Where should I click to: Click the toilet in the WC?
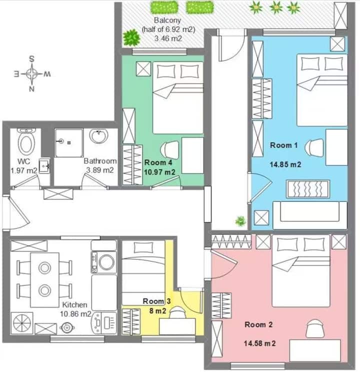pyautogui.click(x=26, y=141)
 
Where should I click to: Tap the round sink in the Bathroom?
pyautogui.click(x=99, y=136)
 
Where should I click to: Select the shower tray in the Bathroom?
pyautogui.click(x=68, y=143)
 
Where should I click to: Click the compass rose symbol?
pyautogui.click(x=32, y=74)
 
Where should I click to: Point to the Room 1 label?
pyautogui.click(x=283, y=145)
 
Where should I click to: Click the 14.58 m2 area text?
pyautogui.click(x=259, y=344)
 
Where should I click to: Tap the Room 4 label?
pyautogui.click(x=158, y=162)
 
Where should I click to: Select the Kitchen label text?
pyautogui.click(x=74, y=305)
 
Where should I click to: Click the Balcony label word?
pyautogui.click(x=167, y=20)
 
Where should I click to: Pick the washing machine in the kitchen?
pyautogui.click(x=104, y=262)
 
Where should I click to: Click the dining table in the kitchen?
pyautogui.click(x=44, y=280)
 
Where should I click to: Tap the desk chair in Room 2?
pyautogui.click(x=315, y=329)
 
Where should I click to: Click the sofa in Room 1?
pyautogui.click(x=310, y=215)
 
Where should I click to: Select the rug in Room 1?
pyautogui.click(x=308, y=189)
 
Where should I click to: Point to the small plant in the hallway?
pyautogui.click(x=240, y=221)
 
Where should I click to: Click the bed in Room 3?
pyautogui.click(x=143, y=273)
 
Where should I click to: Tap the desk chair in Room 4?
pyautogui.click(x=169, y=150)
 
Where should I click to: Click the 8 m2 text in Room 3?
pyautogui.click(x=157, y=311)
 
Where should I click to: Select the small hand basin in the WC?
pyautogui.click(x=44, y=165)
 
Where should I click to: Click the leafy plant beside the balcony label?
pyautogui.click(x=131, y=38)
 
